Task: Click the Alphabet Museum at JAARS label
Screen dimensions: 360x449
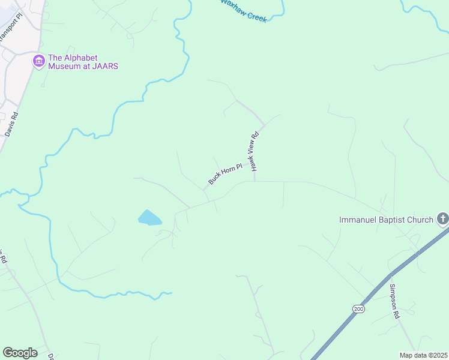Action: [x=83, y=62]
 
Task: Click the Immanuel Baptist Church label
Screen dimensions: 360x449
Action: [x=386, y=220]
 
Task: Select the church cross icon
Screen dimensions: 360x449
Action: [x=442, y=218]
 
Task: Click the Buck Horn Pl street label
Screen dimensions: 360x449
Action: [x=224, y=173]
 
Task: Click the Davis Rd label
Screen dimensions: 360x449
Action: [x=11, y=124]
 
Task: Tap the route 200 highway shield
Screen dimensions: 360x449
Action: [x=358, y=308]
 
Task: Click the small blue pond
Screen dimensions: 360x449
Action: [x=149, y=217]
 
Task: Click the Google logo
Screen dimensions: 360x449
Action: [x=20, y=353]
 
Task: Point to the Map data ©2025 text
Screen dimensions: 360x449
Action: [x=423, y=355]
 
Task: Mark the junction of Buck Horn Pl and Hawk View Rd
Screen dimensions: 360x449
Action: [x=255, y=181]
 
